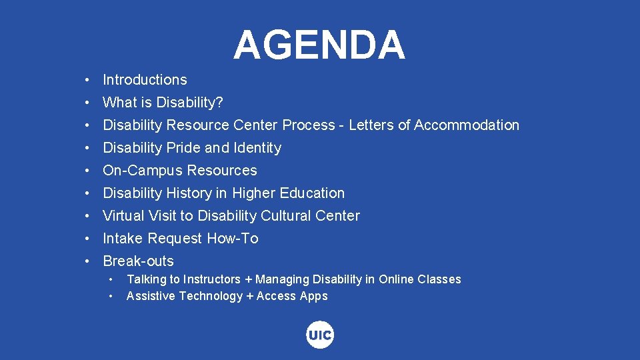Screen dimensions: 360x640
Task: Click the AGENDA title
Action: coord(319,45)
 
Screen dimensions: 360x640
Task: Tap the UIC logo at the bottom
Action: coord(320,335)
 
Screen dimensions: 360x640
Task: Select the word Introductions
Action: coord(145,80)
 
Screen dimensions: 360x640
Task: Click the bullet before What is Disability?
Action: coord(88,103)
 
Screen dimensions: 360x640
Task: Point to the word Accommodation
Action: coord(467,125)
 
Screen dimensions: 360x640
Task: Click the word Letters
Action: coord(371,125)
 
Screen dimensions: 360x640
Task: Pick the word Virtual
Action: coord(123,216)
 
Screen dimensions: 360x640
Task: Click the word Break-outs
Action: coord(138,261)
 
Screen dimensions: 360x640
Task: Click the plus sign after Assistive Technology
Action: coord(250,297)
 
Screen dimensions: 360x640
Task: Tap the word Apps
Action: coord(313,297)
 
